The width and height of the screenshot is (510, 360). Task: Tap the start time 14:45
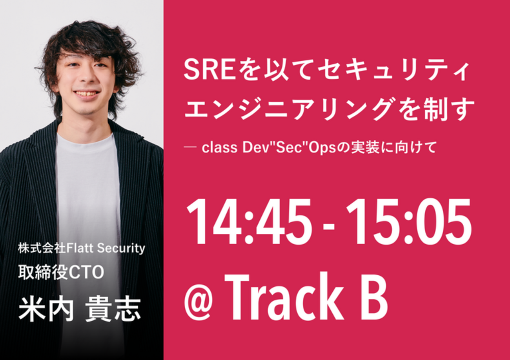[248, 222]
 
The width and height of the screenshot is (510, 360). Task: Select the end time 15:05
[408, 222]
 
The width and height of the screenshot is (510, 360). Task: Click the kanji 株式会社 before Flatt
[42, 248]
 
